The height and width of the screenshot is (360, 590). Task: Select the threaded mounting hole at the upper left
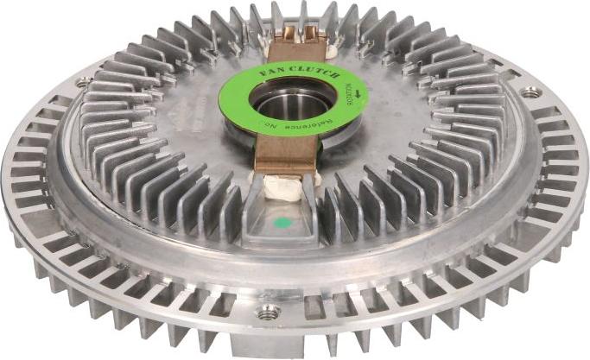83,83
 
